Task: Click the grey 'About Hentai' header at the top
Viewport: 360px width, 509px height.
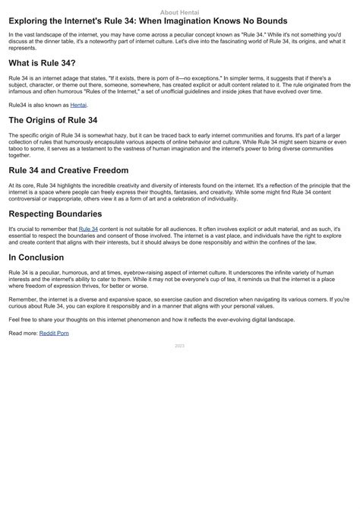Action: pos(180,12)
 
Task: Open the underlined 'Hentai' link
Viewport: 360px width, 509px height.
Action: pos(79,104)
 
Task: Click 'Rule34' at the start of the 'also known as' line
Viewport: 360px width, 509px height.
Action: pos(18,104)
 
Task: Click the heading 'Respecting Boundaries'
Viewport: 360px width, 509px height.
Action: pos(55,214)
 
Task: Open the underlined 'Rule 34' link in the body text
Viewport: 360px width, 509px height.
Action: pos(88,229)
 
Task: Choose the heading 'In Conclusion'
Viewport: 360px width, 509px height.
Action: pos(36,258)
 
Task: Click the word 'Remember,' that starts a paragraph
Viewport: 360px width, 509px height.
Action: pos(23,299)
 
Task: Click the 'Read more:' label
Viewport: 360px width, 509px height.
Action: pos(23,333)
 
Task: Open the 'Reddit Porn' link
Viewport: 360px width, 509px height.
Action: pos(54,333)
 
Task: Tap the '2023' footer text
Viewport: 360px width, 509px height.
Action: pos(180,346)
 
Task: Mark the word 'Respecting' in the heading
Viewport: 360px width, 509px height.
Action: pos(34,214)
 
